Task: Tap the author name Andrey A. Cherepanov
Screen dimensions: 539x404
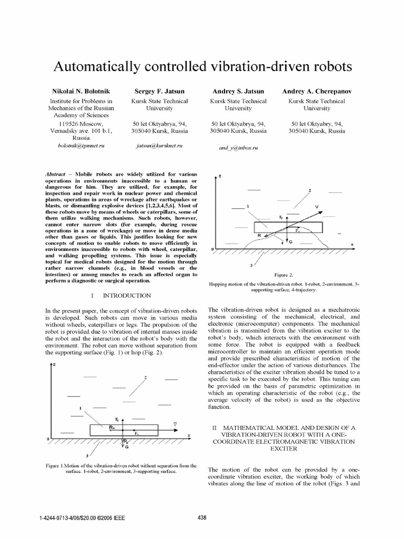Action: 317,92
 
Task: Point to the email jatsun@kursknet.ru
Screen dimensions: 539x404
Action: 160,144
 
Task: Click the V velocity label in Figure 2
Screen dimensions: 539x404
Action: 316,207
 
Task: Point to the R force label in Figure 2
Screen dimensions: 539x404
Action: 259,236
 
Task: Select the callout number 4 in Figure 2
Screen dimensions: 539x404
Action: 282,243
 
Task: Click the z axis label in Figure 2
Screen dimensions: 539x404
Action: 220,176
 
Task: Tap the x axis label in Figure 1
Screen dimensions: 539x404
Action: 188,435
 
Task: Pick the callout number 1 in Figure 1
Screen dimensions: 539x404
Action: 80,408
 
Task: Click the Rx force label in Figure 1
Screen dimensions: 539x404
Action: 112,428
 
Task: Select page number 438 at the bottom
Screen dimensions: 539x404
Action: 201,518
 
